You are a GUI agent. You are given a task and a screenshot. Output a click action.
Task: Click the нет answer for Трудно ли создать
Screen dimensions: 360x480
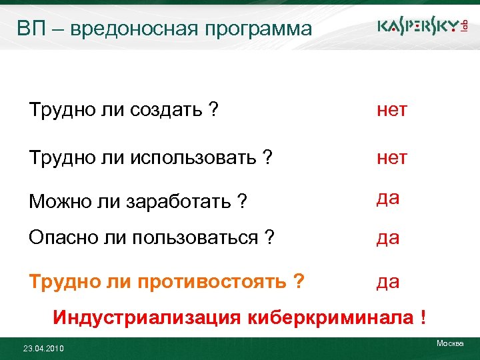point(392,110)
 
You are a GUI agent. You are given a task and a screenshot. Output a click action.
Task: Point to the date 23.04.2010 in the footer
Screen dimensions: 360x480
point(43,349)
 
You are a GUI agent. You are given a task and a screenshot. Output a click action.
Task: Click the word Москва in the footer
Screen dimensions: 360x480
point(449,343)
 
